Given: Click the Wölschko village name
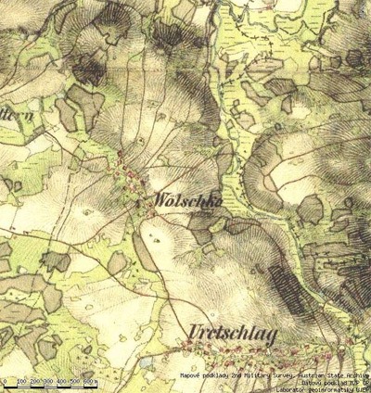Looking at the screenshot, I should (x=175, y=201).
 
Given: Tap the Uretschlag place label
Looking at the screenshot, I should (x=232, y=335).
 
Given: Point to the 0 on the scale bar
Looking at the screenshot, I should (x=6, y=381).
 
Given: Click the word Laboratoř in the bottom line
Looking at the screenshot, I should (x=294, y=388).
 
